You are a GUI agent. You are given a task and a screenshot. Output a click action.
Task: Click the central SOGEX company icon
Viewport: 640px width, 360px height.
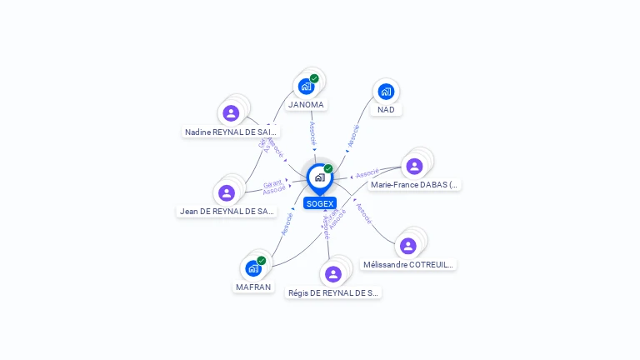click(319, 177)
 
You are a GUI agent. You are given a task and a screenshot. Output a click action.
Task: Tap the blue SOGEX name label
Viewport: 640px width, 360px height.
click(319, 203)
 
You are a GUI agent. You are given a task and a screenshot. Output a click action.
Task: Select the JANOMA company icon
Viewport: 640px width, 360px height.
click(306, 86)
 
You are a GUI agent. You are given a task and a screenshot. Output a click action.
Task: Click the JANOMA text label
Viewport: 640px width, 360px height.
click(306, 105)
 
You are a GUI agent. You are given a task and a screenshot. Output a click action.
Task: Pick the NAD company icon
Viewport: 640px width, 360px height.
click(386, 92)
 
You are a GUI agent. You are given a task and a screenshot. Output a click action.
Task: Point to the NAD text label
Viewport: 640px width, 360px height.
click(386, 110)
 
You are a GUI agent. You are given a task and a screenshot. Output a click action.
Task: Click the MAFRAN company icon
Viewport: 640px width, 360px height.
click(253, 268)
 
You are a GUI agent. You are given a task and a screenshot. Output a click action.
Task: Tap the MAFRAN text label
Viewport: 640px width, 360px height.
click(253, 287)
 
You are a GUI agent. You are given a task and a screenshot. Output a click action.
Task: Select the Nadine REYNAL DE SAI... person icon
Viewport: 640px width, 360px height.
click(231, 112)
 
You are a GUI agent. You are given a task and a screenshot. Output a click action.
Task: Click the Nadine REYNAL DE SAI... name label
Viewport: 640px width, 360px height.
click(231, 132)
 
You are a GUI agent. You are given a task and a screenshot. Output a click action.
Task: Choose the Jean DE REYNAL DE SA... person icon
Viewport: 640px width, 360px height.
click(227, 192)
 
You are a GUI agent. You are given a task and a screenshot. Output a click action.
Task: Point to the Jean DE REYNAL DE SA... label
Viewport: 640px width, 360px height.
click(227, 212)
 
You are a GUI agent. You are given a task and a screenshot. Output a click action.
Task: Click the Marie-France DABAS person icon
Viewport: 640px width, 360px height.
click(414, 166)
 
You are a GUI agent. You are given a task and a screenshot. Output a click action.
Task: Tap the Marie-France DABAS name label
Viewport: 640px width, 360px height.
click(414, 185)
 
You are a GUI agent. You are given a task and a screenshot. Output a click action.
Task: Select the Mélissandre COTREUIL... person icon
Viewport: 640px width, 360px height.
click(407, 246)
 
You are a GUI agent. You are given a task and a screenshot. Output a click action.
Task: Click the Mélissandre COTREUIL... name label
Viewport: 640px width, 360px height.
click(408, 265)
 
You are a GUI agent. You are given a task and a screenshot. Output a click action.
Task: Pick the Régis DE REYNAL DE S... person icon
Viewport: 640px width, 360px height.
click(333, 273)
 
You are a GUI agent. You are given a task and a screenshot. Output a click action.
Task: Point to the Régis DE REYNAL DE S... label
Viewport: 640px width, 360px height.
click(333, 292)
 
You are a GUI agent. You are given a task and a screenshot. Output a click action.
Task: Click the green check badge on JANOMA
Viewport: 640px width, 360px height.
click(314, 78)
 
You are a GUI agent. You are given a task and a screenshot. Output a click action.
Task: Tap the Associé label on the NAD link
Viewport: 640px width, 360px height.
click(352, 137)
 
